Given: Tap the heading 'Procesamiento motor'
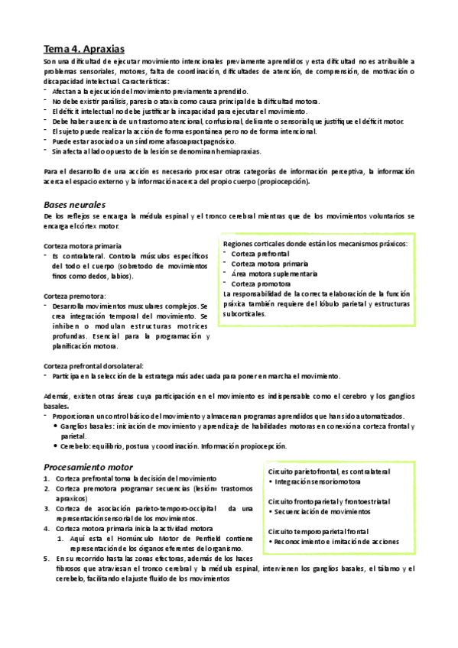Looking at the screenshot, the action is [x=88, y=466].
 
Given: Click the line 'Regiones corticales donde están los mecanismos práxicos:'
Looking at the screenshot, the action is [x=314, y=244].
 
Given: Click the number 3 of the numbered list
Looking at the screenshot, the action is [x=47, y=508].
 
